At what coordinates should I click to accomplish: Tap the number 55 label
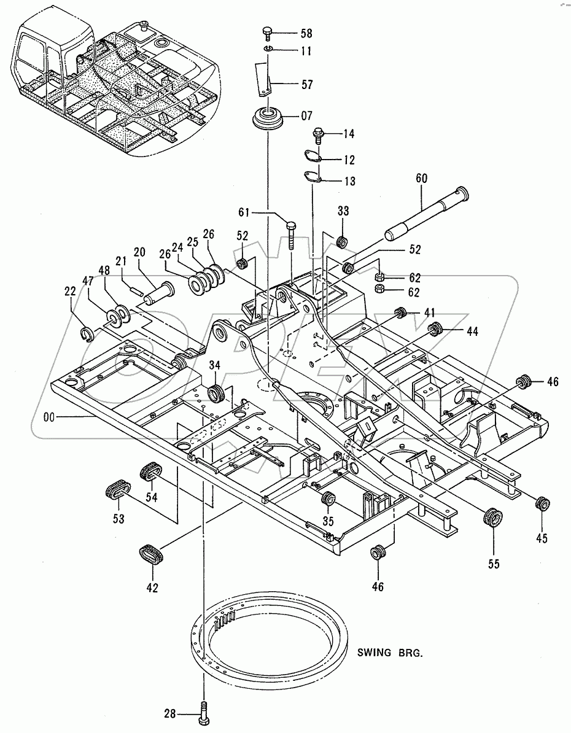494,563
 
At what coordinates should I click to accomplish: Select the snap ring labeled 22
87,333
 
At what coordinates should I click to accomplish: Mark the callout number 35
328,521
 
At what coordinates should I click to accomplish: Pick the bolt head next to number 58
267,31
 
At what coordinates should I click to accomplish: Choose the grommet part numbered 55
492,517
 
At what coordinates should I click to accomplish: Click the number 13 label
349,182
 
